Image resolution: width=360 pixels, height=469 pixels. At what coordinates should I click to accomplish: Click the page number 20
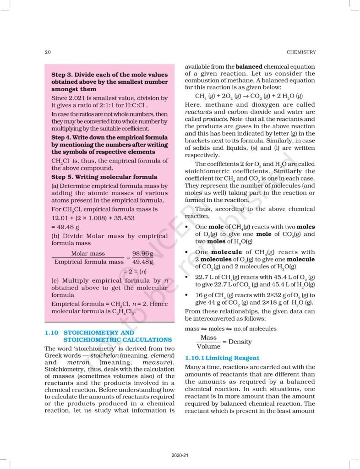pos(47,52)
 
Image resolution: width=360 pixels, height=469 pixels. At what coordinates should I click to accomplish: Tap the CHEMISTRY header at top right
pos(300,52)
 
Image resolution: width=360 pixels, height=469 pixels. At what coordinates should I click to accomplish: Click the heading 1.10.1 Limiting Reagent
pos(222,358)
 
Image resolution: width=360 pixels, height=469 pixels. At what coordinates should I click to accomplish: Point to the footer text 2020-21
pos(179,455)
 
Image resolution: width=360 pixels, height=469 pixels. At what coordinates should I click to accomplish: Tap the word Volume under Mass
pos(208,346)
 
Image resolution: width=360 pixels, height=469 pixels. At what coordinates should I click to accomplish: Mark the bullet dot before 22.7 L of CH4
pos(187,277)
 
